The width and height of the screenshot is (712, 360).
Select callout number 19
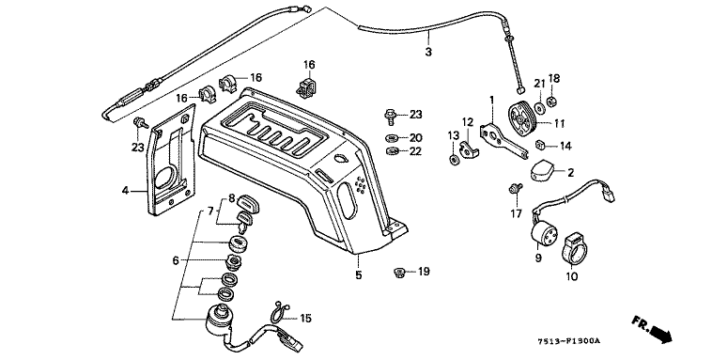coord(424,272)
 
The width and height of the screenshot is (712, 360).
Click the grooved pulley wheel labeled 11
coord(521,117)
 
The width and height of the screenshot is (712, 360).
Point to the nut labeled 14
coord(540,145)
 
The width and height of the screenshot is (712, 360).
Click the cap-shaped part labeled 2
coord(544,170)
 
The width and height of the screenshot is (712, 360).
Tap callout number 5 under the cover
coord(358,275)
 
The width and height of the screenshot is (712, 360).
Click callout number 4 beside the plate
coord(125,191)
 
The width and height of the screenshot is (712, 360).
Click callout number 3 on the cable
coord(428,52)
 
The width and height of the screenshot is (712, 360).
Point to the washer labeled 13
coord(453,160)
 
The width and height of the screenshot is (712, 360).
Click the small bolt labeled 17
coord(515,188)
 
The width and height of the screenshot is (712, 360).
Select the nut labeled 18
coord(552,101)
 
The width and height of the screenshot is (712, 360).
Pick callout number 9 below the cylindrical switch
coord(538,258)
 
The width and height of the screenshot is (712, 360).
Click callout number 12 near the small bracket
coord(468,122)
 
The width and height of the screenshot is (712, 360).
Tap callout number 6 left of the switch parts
coord(176,260)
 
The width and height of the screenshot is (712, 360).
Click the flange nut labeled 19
coord(399,273)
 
